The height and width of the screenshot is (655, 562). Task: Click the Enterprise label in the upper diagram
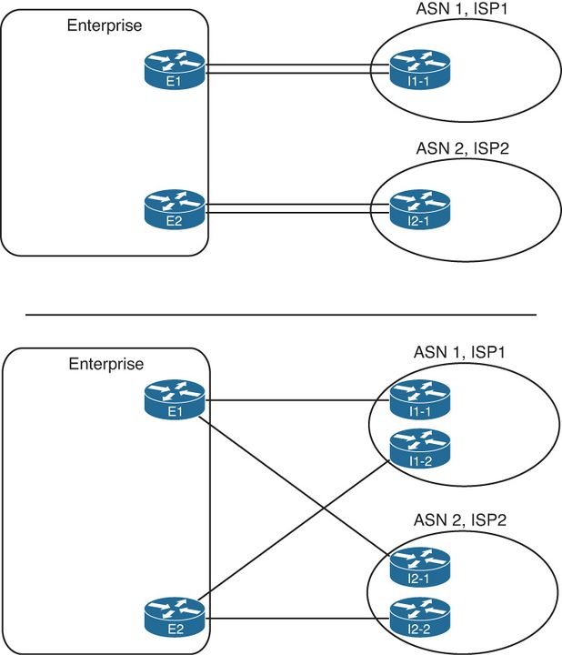(105, 25)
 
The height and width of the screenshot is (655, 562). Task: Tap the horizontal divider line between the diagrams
(280, 315)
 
